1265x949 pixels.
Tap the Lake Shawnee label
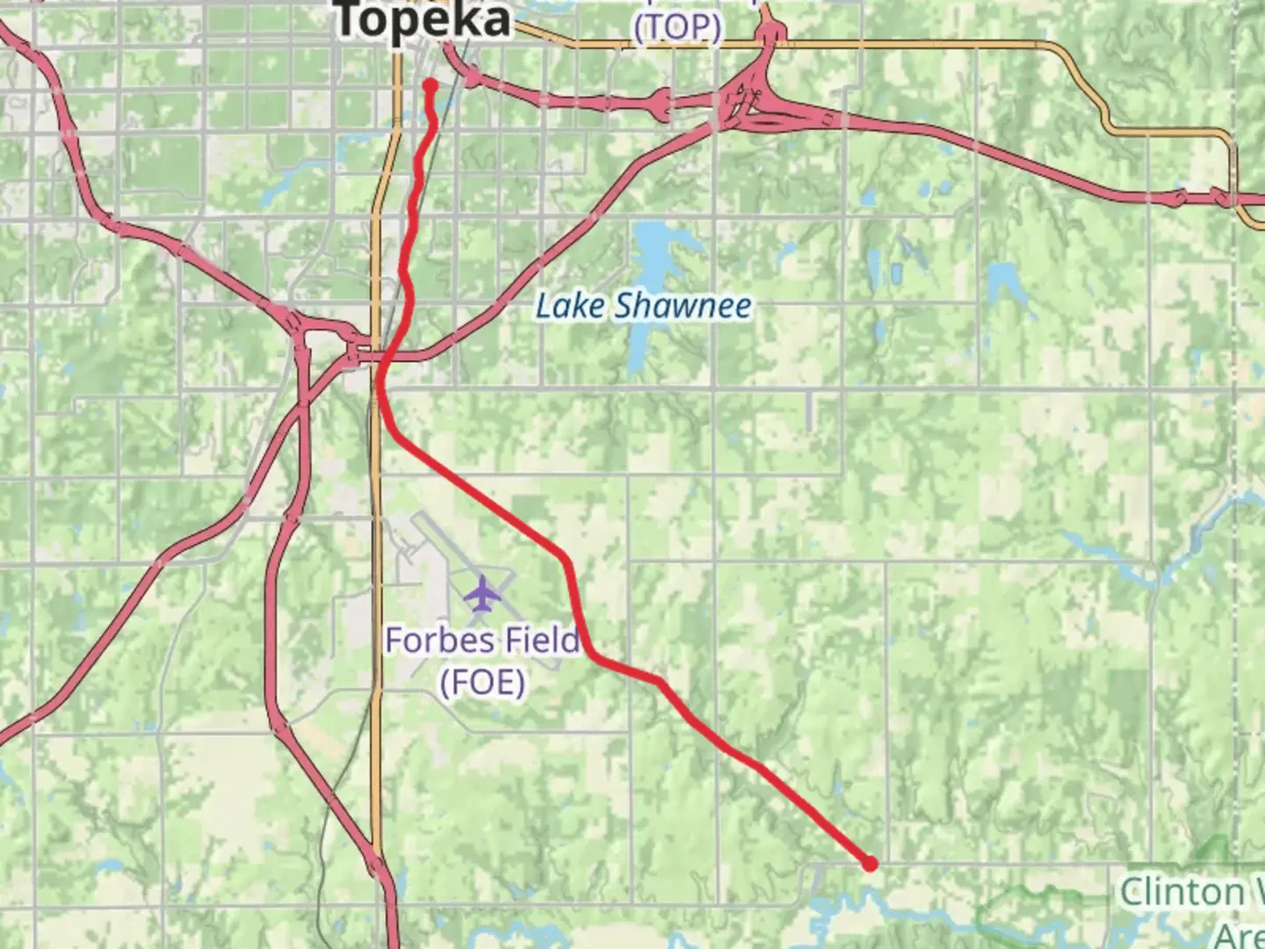tap(644, 307)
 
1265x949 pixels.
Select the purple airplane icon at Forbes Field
tap(481, 593)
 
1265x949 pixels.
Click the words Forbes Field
tap(482, 640)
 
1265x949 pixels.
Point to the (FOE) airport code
tap(482, 682)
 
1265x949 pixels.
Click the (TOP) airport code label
tap(677, 27)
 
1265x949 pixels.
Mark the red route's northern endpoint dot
tap(430, 85)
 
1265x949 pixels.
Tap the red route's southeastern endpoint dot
tap(870, 864)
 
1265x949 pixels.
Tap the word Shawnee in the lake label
tap(683, 307)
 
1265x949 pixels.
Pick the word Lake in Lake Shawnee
tap(571, 307)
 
